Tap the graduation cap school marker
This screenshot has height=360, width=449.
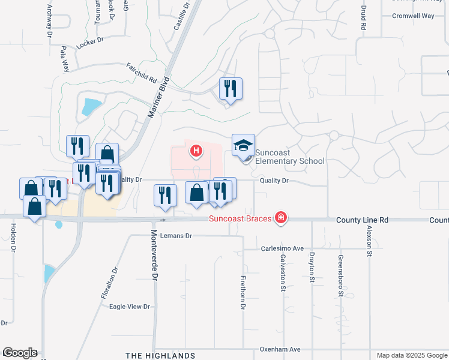[243, 145]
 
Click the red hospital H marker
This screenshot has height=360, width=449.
[195, 150]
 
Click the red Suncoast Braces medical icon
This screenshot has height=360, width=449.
[280, 218]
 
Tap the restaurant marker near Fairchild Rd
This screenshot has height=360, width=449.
[231, 89]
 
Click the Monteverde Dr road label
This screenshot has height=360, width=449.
[154, 254]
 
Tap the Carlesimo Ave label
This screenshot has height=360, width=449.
[282, 248]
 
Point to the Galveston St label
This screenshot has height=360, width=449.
[282, 272]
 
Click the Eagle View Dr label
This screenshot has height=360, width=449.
[129, 307]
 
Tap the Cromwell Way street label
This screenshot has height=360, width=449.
[413, 16]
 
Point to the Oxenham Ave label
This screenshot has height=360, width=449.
[279, 349]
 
